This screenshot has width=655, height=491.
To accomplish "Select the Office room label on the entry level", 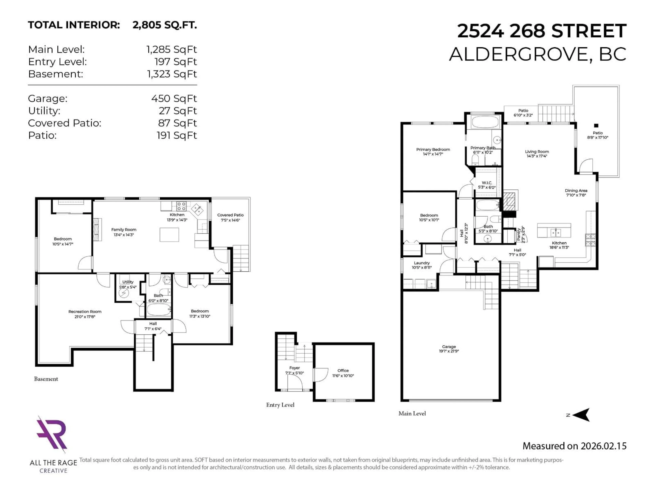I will click(x=343, y=370).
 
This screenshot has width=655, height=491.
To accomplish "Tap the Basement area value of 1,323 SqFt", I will click(x=172, y=74).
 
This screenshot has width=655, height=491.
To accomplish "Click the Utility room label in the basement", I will click(x=128, y=282).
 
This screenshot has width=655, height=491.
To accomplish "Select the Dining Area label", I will click(x=576, y=191).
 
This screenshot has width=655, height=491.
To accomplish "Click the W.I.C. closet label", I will click(x=486, y=183).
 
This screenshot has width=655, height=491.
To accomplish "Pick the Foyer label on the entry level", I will click(x=294, y=368).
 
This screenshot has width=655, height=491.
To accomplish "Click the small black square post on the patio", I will click(x=596, y=125).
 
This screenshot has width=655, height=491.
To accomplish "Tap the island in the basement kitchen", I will click(x=169, y=235).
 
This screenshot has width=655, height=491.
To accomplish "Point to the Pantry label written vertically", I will click(x=519, y=235).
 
